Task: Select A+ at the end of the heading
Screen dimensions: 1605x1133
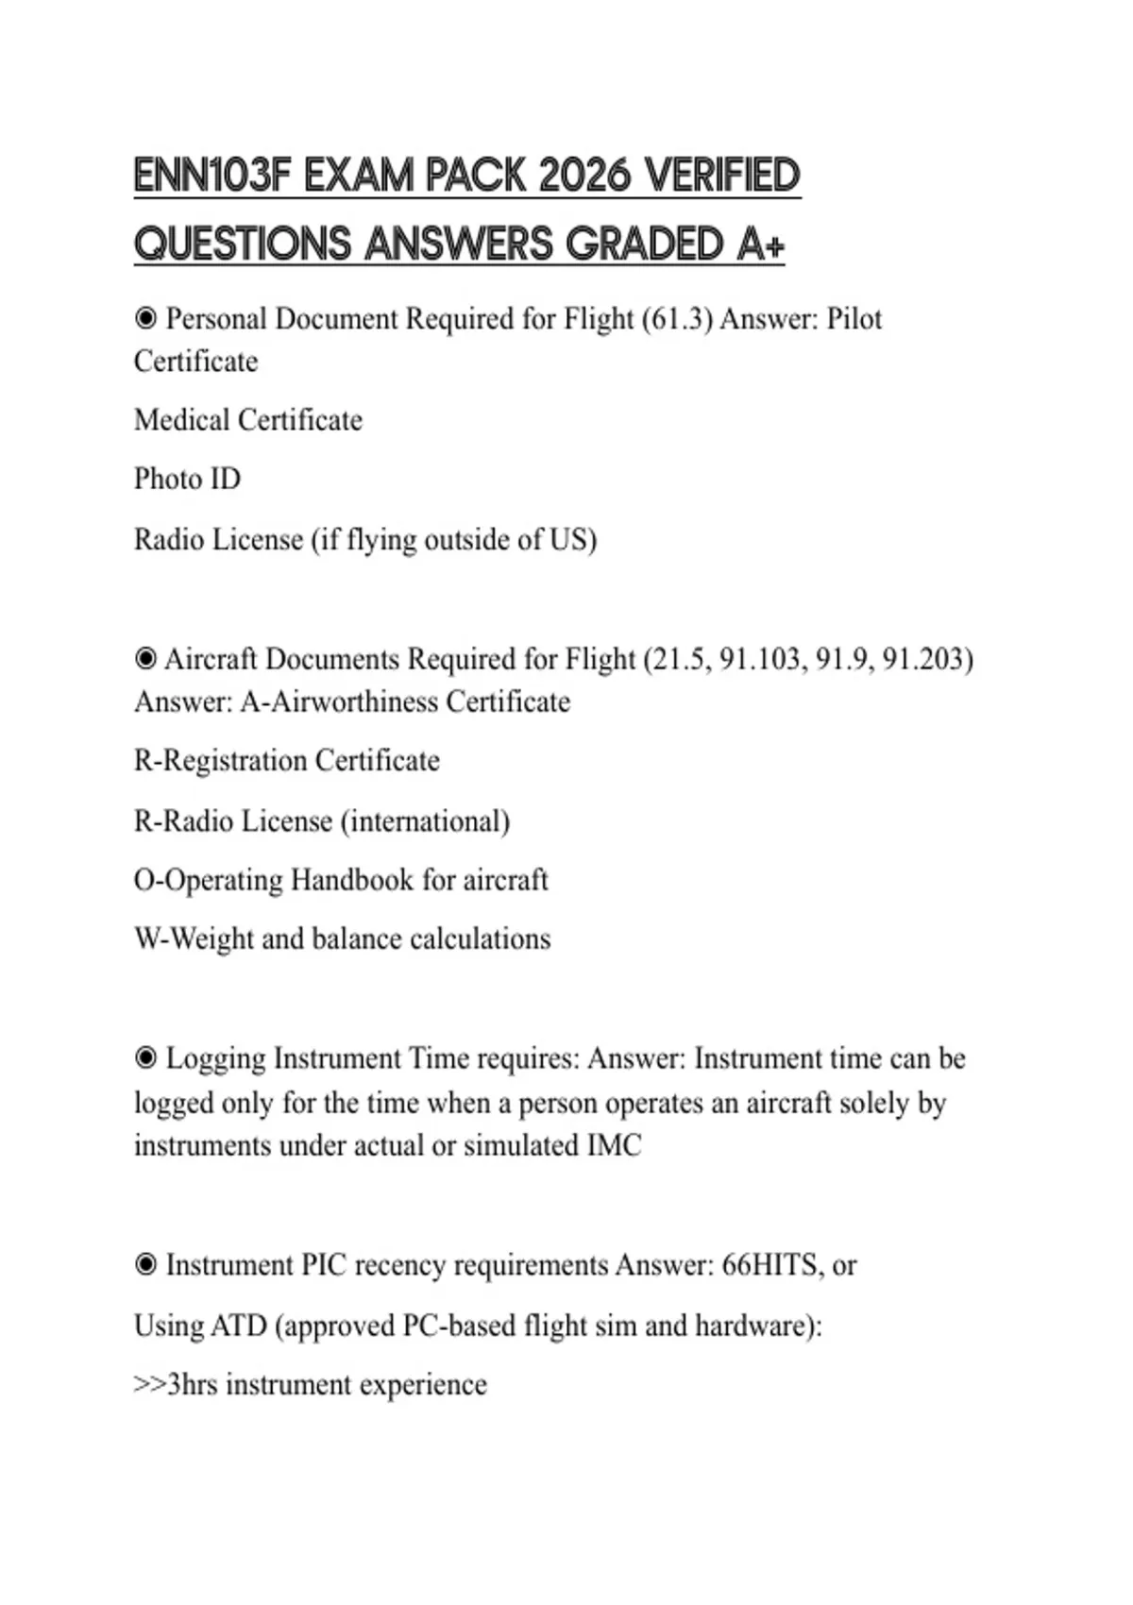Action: (x=760, y=245)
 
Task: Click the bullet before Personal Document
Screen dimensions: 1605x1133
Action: (x=145, y=319)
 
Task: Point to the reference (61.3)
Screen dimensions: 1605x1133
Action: (x=677, y=319)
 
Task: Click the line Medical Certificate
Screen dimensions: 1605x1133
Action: (x=247, y=420)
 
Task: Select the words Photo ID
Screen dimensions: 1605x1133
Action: (x=187, y=480)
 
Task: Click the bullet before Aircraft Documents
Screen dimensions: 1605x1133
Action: (x=145, y=659)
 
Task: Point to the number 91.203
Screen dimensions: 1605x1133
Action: (x=927, y=659)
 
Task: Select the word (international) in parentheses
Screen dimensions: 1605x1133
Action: (x=425, y=821)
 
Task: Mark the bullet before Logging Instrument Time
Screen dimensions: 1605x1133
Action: (x=145, y=1058)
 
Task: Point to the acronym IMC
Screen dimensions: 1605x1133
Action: (x=614, y=1146)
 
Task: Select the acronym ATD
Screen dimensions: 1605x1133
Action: (x=238, y=1326)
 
